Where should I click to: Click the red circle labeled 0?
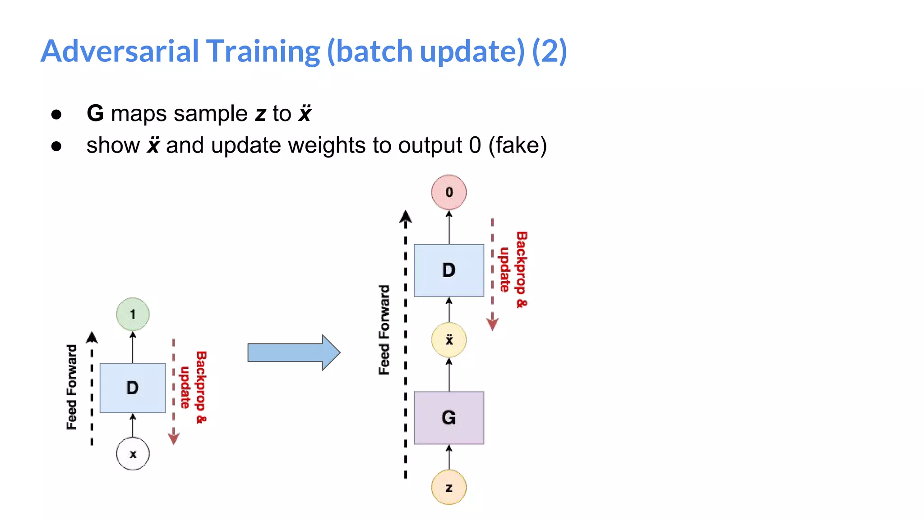(449, 192)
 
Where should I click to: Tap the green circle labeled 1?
(133, 314)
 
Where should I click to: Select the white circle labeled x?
(133, 454)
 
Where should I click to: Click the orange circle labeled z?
(449, 487)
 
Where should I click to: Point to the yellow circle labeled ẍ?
(449, 340)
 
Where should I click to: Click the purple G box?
(449, 418)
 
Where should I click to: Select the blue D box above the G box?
(449, 270)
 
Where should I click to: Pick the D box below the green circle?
(133, 388)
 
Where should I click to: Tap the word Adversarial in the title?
(120, 51)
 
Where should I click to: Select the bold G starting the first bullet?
(95, 113)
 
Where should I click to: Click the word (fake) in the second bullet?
(517, 145)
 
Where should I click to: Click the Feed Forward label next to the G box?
(384, 330)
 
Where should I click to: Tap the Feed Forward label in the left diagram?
(72, 387)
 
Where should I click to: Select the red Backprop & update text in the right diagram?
(513, 270)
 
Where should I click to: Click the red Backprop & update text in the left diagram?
(193, 387)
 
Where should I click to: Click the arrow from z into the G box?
(449, 457)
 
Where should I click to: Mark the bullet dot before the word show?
(56, 146)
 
